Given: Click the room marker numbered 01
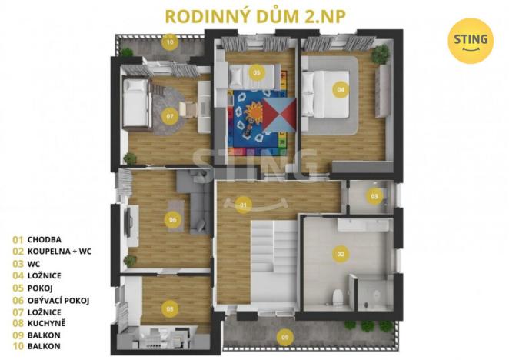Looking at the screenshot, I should [242, 205].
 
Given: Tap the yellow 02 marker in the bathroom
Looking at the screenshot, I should [340, 253].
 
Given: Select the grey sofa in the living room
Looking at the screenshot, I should [195, 201].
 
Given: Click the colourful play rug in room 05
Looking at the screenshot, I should [260, 119].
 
